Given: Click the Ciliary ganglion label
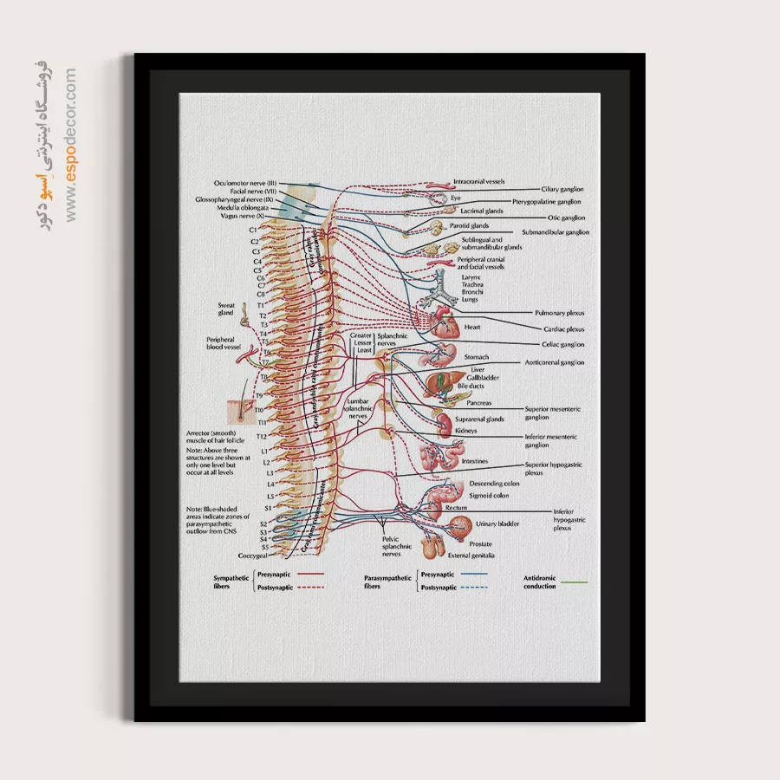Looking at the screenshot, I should coord(562,189).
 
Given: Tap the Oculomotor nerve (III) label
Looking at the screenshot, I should coord(245,183).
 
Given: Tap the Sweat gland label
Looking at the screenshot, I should coord(226,309).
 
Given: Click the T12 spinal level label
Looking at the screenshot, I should coord(262,436).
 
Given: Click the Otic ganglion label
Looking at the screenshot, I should coord(566,218).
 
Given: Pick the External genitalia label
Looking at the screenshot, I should coord(471,555).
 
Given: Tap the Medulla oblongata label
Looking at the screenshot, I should coord(247,208).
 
